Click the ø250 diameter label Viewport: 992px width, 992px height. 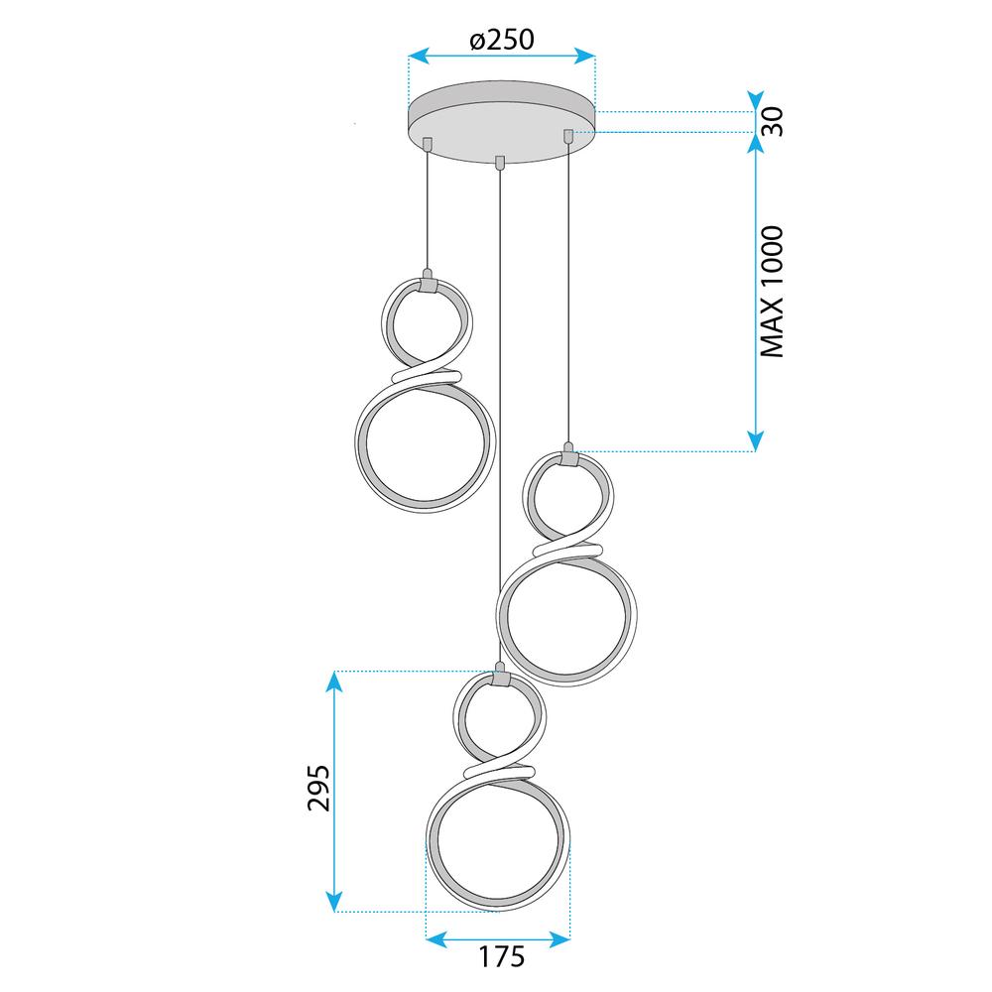coord(502,40)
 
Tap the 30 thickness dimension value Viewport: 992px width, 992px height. coord(772,121)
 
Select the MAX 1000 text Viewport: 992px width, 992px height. coord(772,292)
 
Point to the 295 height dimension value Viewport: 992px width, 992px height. coord(318,788)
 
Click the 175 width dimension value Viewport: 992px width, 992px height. coord(501,956)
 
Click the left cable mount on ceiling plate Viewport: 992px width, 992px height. coord(428,144)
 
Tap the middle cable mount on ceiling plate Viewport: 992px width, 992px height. coord(500,162)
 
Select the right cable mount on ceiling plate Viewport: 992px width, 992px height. coord(568,136)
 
